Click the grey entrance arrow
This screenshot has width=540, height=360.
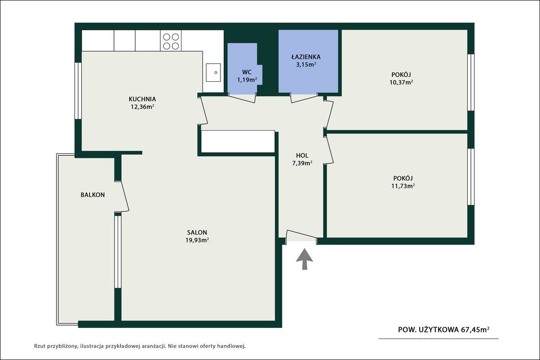[304, 259]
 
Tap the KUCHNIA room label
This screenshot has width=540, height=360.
[142, 99]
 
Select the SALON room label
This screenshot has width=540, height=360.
[197, 232]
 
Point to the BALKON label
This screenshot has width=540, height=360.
[93, 195]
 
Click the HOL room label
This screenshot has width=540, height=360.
[302, 155]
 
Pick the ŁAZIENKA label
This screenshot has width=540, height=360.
[306, 57]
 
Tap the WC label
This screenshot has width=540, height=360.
[247, 72]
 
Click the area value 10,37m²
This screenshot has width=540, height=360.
[401, 82]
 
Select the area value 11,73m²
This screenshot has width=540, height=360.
[403, 186]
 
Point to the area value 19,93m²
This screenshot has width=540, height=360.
[197, 240]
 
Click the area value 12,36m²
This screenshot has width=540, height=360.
[142, 106]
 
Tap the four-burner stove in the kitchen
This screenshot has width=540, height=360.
[171, 41]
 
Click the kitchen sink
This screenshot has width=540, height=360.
[213, 73]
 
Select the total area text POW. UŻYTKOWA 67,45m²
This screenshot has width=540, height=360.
[443, 329]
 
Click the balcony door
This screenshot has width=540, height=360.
[122, 196]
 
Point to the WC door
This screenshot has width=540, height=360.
[242, 98]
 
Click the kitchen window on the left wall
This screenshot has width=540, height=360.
[78, 91]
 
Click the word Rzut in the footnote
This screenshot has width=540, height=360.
[40, 346]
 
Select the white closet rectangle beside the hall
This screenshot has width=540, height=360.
[238, 141]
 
